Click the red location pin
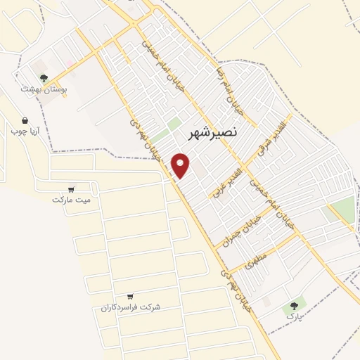[x=181, y=165]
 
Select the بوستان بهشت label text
[x=44, y=90]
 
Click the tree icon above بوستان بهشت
[x=44, y=79]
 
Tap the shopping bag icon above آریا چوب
[x=25, y=121]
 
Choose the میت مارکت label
[x=72, y=200]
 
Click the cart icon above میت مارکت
[x=72, y=188]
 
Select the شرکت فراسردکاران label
[x=131, y=308]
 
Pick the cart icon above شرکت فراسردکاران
[x=131, y=297]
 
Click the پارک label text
[x=294, y=317]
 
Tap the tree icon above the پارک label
[x=294, y=306]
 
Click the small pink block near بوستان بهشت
[x=71, y=64]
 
